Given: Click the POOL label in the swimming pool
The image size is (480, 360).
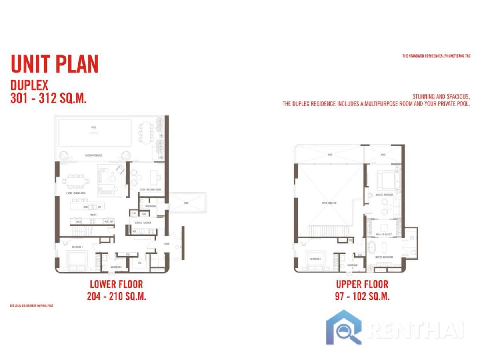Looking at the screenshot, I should tap(94, 128).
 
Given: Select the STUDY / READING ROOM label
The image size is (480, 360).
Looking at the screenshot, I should tap(150, 189).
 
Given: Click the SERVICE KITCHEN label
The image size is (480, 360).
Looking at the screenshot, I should tap(143, 222).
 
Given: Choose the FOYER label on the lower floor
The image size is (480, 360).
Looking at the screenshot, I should tap(166, 244).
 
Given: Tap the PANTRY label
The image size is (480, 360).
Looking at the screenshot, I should tap(93, 214).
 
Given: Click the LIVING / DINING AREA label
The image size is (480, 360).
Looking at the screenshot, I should tap(76, 193).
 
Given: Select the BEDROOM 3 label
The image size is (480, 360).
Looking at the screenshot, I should tap(77, 247).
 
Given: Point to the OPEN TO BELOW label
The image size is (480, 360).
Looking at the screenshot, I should tap(329, 203).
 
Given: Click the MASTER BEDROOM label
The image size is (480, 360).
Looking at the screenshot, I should tap(384, 194).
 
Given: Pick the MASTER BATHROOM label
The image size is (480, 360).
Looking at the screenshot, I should tap(384, 257).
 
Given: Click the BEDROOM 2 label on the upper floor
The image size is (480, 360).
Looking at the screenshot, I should tap(316, 259).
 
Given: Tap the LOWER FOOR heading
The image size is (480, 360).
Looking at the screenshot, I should tap(116, 284).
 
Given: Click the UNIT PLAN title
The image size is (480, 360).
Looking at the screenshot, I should tap(54, 64).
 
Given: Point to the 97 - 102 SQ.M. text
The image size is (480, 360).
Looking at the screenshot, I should tap(362, 296).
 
